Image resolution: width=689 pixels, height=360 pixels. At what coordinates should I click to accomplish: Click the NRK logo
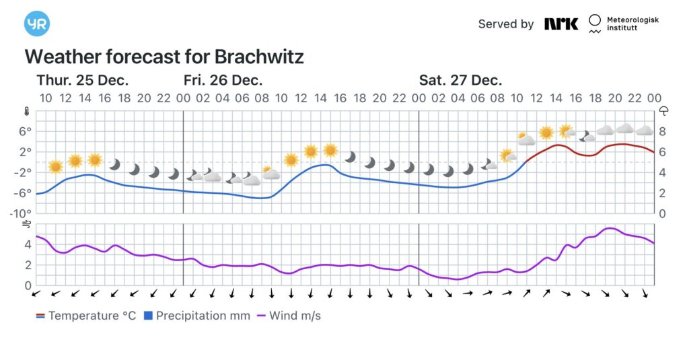coord(561,24)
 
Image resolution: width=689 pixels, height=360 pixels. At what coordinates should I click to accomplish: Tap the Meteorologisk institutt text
coord(632,24)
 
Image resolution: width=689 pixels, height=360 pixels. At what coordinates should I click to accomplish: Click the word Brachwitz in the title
coord(260,56)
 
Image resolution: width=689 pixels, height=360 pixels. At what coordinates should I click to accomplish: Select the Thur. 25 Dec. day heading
coord(82,80)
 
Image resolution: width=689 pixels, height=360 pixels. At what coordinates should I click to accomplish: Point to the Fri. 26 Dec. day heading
coord(223,80)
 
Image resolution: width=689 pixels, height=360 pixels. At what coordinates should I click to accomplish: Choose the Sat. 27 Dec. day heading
coord(460,80)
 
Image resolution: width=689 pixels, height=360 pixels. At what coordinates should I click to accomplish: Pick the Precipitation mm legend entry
coord(197,316)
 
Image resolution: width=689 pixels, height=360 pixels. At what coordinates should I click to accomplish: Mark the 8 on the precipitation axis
coord(663,131)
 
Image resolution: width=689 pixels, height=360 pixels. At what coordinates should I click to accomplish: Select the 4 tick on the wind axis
coord(27,244)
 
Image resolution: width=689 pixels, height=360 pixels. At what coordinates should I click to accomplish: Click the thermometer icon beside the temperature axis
coord(27,111)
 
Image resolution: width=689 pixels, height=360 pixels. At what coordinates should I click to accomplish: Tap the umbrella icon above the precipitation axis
coord(663,111)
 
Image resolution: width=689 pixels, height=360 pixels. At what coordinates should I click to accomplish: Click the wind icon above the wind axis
coord(27,225)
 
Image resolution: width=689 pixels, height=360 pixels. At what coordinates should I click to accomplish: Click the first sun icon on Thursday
coord(55,166)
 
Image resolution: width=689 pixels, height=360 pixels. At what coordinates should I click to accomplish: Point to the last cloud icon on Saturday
coord(645,130)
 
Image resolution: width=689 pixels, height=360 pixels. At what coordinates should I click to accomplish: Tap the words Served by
coord(506,24)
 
